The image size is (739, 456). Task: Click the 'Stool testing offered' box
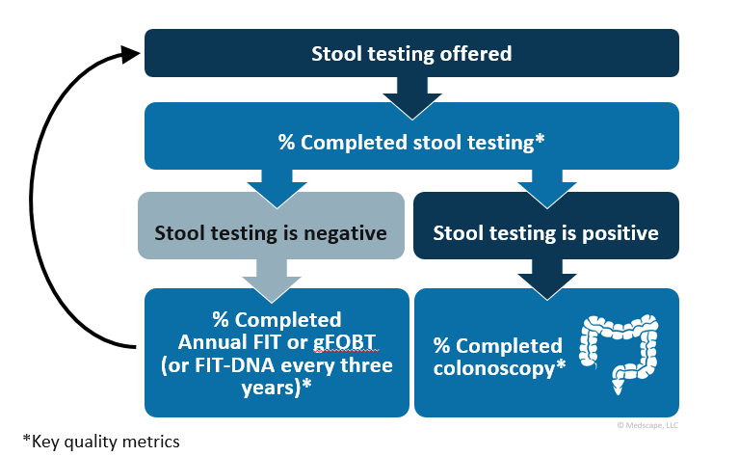click(411, 53)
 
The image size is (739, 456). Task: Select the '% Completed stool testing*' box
click(411, 143)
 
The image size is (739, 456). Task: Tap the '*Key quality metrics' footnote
click(92, 442)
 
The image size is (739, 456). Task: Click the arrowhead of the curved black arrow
click(133, 55)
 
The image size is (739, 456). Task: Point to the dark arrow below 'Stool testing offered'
click(411, 93)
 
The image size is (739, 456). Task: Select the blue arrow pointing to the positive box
click(546, 186)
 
